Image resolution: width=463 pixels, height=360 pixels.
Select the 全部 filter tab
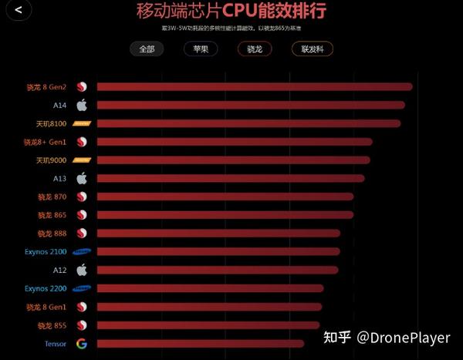(x=147, y=49)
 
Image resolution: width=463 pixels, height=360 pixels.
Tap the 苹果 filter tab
(x=201, y=49)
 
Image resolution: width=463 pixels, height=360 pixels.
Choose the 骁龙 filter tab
(x=255, y=49)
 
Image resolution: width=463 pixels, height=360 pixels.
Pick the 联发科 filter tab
(x=312, y=49)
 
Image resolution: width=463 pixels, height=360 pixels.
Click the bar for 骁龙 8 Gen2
(x=255, y=86)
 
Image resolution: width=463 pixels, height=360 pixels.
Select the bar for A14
(x=251, y=105)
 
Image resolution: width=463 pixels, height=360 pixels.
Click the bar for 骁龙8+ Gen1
(x=235, y=142)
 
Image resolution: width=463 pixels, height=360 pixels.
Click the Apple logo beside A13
(x=82, y=178)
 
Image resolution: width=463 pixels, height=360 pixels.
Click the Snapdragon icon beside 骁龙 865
(x=82, y=215)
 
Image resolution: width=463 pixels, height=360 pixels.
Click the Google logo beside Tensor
(x=82, y=343)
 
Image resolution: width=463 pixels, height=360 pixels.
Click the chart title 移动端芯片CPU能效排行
(x=231, y=12)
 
